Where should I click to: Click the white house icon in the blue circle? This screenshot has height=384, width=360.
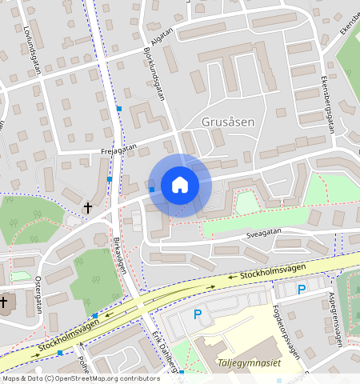coord(180,185)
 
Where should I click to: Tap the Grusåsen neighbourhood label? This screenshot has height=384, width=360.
coord(228,122)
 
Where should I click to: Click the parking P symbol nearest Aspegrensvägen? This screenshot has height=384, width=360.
coord(301,290)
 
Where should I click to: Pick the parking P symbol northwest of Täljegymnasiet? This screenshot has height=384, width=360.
coord(198,315)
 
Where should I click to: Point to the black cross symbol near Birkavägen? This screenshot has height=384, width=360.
coord(88,208)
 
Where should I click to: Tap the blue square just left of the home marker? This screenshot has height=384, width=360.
coord(151,190)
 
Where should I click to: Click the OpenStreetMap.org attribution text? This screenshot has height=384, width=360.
coord(97,378)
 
